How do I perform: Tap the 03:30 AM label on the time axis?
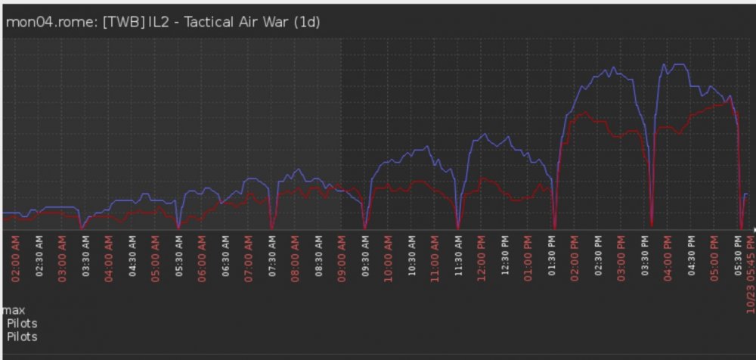click(x=85, y=258)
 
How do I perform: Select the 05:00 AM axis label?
click(x=156, y=258)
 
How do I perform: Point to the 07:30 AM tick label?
click(x=271, y=258)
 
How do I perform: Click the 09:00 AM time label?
click(x=341, y=258)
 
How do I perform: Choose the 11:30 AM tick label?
click(x=457, y=258)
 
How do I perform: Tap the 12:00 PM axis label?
click(x=481, y=258)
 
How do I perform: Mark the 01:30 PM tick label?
click(x=551, y=258)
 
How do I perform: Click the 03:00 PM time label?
click(x=621, y=258)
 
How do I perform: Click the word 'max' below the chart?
click(x=14, y=311)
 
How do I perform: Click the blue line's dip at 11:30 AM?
click(x=457, y=225)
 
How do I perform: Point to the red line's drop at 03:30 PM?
click(x=651, y=225)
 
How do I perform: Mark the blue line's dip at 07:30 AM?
click(x=271, y=225)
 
